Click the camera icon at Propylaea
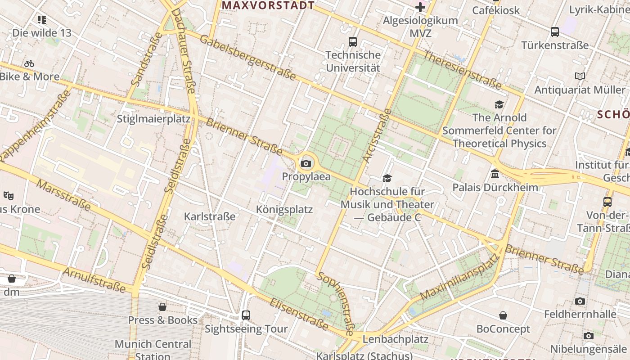click(x=306, y=163)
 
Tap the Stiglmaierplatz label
click(x=154, y=119)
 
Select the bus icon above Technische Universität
click(x=353, y=42)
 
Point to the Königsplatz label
click(x=284, y=210)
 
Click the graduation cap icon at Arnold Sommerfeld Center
click(x=499, y=105)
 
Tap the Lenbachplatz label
click(x=395, y=338)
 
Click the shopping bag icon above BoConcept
click(x=503, y=316)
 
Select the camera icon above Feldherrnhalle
click(x=580, y=301)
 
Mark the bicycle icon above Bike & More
click(x=29, y=63)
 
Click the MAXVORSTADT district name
click(x=268, y=5)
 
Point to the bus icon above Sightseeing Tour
click(x=246, y=315)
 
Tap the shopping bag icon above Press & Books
click(x=162, y=307)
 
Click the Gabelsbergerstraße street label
click(x=248, y=58)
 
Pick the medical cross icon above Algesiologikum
click(x=420, y=7)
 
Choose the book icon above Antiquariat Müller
click(x=580, y=76)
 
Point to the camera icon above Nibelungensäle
click(x=588, y=336)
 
